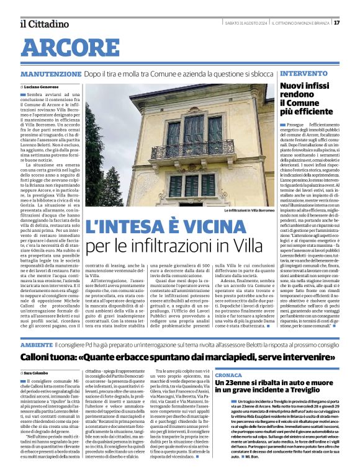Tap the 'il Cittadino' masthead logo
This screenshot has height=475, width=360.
[x=44, y=24]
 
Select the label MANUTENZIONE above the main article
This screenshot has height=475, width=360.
[x=50, y=74]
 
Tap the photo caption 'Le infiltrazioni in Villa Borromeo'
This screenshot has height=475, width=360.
[x=248, y=211]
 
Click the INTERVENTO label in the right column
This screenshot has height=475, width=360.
[x=304, y=74]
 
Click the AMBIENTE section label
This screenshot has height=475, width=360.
[x=36, y=344]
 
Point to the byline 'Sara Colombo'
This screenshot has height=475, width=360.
[x=40, y=372]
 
